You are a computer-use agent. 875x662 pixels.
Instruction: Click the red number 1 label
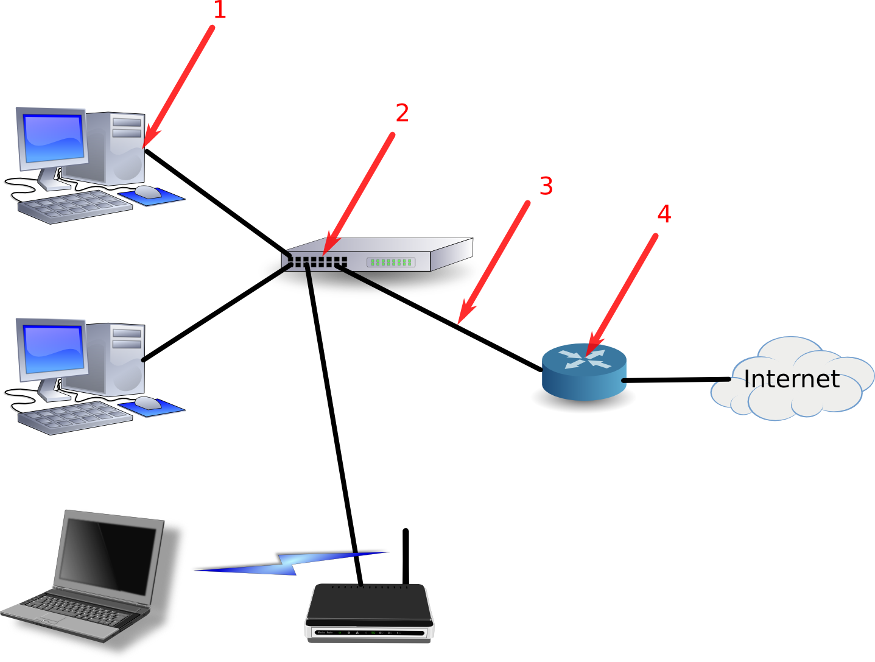tap(220, 10)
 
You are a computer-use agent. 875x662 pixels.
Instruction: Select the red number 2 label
tap(402, 113)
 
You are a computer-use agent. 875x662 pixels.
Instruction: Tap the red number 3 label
tap(546, 186)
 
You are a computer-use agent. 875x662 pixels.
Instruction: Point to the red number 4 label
tap(664, 214)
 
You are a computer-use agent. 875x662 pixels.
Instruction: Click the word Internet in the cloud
tap(792, 379)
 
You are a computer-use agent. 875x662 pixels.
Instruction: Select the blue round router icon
tap(584, 372)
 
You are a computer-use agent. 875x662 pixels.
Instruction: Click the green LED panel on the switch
tap(391, 262)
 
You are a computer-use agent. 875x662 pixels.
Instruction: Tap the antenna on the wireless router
tap(406, 557)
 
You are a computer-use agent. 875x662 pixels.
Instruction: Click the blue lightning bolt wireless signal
tap(290, 563)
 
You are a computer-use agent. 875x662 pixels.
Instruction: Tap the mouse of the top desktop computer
tap(148, 192)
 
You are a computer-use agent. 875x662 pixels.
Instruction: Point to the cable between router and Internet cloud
tap(676, 380)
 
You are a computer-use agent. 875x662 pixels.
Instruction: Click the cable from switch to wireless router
tap(334, 424)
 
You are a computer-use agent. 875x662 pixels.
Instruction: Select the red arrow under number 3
tap(493, 263)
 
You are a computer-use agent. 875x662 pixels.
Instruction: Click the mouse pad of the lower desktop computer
tap(152, 407)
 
